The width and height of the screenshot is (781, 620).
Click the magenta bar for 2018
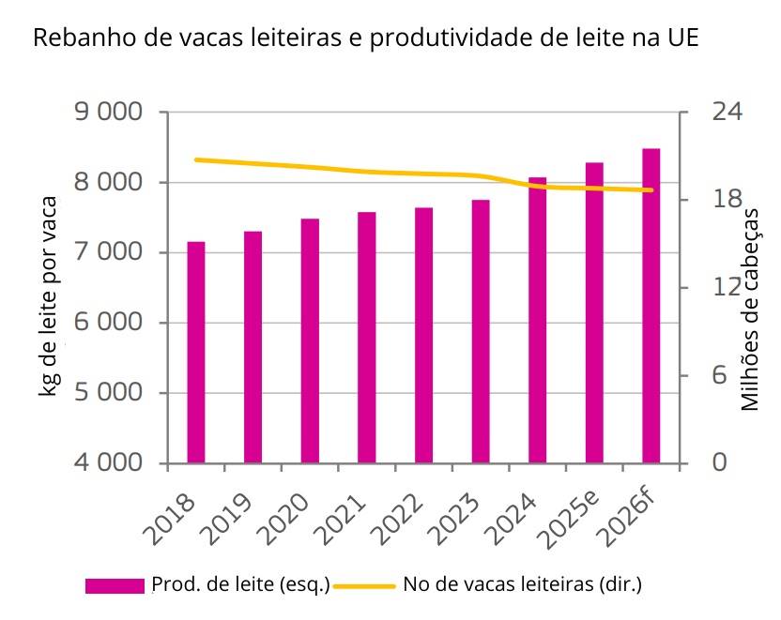pos(196,353)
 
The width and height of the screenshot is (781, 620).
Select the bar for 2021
pos(367,338)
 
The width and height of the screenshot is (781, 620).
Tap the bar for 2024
pos(538,320)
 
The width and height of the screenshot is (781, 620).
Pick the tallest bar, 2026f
pos(651,306)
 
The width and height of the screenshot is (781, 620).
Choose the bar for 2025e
pos(594,312)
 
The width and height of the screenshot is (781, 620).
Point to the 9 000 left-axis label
pos(109,112)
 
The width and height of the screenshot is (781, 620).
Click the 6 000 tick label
pos(109,323)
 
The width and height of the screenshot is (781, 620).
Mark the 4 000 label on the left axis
pos(109,462)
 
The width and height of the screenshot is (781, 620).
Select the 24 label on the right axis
pos(727,112)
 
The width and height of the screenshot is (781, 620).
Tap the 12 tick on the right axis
pos(727,287)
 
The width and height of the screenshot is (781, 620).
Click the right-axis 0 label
pos(720,462)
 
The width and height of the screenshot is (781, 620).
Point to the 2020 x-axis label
pos(285,520)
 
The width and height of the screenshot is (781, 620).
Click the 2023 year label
pos(455,520)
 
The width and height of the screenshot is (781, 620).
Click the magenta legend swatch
pos(115,585)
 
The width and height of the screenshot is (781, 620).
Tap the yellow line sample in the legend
pos(364,586)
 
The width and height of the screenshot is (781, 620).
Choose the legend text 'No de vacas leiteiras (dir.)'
pos(523,584)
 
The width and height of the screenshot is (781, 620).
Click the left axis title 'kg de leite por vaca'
pos(49,296)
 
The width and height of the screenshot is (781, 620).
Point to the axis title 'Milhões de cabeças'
pos(749,310)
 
